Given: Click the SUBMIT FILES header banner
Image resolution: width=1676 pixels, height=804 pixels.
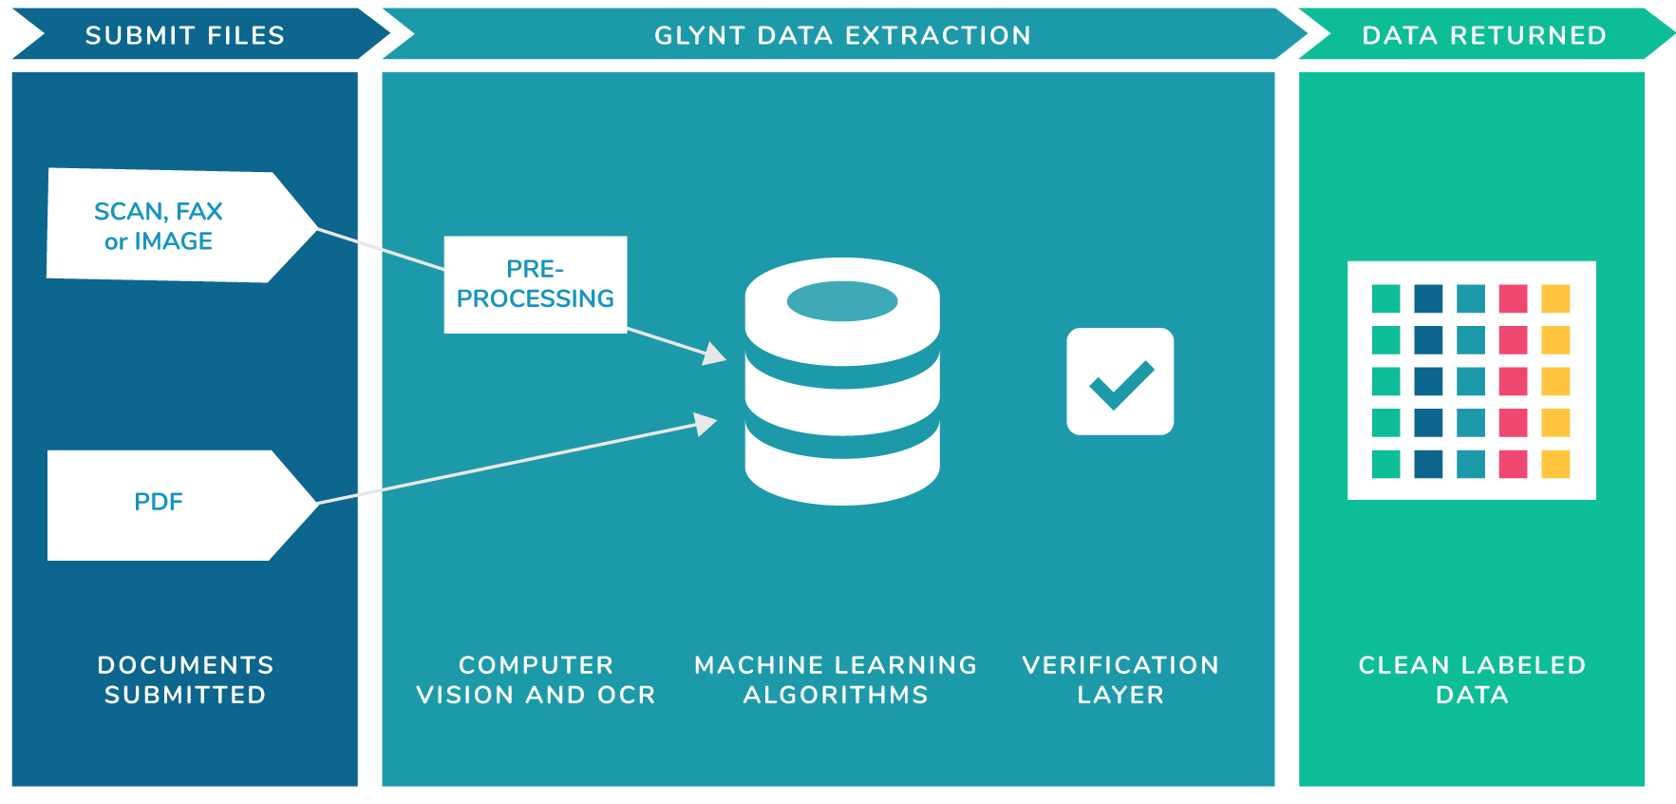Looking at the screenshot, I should point(185,35).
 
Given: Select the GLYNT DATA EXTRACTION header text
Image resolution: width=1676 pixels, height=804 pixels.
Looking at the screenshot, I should point(842,35).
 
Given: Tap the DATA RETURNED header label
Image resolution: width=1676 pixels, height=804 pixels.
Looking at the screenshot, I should point(1483,35).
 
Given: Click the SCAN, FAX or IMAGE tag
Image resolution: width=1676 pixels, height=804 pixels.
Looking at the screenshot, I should point(160,226).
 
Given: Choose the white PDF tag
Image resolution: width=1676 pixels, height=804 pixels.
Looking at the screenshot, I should point(160,503).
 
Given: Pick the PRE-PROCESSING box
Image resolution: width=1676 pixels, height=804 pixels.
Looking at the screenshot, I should point(535,284).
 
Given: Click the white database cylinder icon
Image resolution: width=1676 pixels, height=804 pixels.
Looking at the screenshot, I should point(842,399).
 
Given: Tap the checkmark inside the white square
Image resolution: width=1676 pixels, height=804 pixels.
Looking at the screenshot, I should point(1120,384).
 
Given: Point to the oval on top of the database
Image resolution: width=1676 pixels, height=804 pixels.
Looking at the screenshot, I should point(842,301).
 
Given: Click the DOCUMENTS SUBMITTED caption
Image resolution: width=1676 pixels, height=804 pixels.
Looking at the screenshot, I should point(185,680).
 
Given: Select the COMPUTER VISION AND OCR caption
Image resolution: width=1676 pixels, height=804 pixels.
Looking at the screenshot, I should point(536,680).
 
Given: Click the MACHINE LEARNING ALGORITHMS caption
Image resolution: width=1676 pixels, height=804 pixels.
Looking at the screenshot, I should point(836,680).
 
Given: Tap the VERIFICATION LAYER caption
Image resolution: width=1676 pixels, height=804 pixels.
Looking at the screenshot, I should point(1120,680).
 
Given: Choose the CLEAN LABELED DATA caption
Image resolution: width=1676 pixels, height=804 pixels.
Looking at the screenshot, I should point(1472,680).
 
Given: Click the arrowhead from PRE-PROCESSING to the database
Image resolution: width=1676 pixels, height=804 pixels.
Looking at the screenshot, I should point(714,354).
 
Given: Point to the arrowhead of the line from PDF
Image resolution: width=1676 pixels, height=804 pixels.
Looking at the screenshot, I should point(706,423).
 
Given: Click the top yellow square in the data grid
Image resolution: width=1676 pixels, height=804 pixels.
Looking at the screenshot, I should point(1555,298).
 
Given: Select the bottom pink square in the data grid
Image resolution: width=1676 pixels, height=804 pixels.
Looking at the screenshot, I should point(1513,464).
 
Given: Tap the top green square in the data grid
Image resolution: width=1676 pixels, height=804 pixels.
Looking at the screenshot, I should point(1385,298).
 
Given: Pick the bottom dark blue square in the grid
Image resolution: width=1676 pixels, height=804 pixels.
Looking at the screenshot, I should point(1428,464).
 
